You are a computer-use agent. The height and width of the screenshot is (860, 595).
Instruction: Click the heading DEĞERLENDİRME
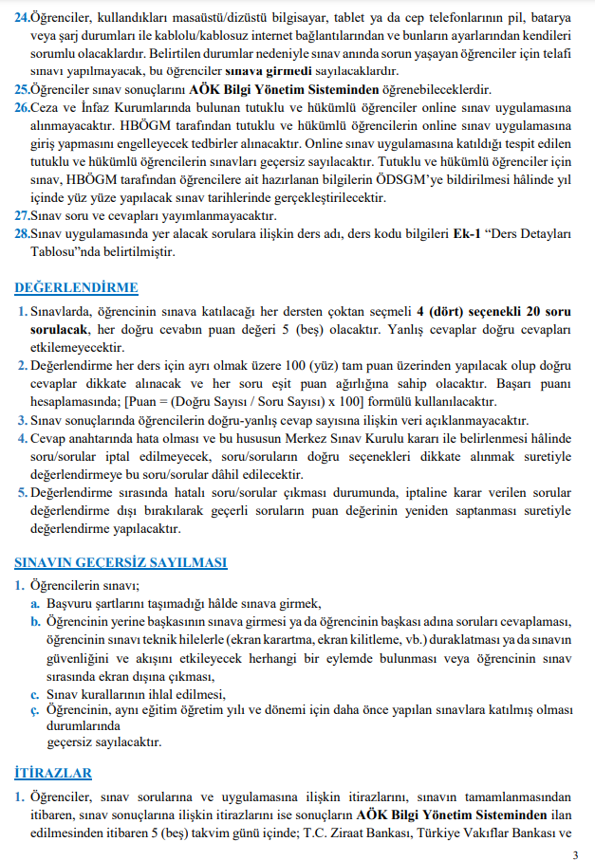(77, 288)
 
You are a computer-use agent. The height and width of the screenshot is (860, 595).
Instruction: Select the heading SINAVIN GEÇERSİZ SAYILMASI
(121, 562)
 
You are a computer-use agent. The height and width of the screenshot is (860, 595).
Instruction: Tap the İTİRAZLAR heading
(54, 773)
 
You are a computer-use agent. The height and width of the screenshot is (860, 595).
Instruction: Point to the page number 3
(575, 854)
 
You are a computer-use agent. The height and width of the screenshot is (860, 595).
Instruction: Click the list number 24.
(23, 16)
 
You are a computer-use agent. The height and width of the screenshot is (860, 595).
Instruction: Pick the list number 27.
(23, 215)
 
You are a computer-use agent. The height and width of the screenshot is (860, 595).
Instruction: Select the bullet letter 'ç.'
(35, 709)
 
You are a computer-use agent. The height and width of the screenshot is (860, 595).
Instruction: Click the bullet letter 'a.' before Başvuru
(35, 604)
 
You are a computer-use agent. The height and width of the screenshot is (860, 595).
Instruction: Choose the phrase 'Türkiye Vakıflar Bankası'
(497, 834)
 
